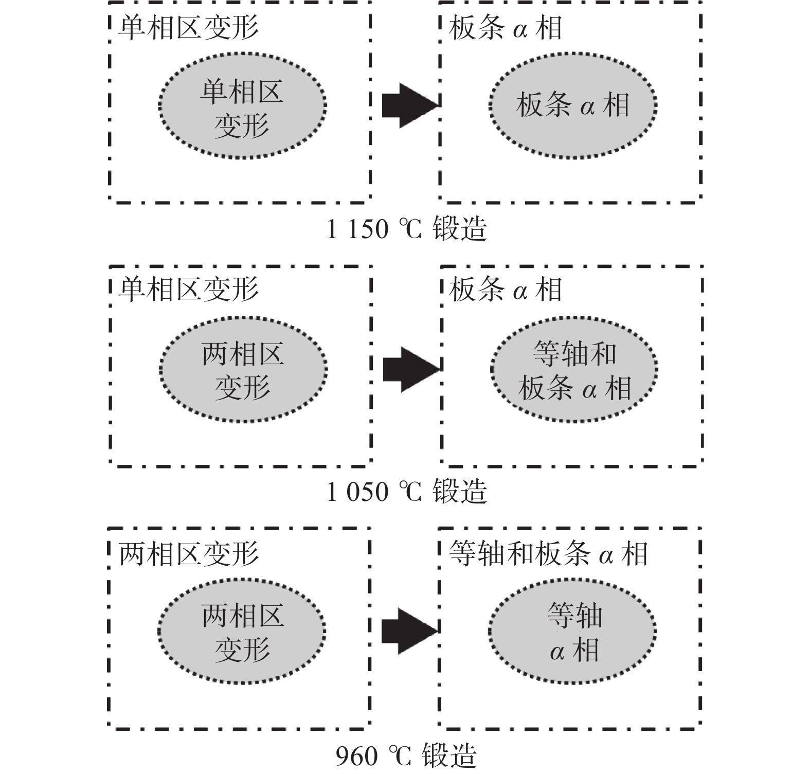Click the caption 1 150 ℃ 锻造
pos(407,229)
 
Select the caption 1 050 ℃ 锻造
pos(407,491)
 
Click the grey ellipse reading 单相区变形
pos(242,105)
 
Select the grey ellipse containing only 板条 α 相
pos(572,105)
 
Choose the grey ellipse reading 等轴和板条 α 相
pos(574,369)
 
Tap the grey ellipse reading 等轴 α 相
pos(572,632)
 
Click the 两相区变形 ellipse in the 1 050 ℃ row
pos(243,369)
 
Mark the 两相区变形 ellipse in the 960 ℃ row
pos(242,632)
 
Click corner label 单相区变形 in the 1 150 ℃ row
pos(189,28)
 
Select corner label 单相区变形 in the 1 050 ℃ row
pos(189,290)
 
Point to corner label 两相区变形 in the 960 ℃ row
pos(189,554)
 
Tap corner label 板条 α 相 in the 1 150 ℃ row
pos(506,28)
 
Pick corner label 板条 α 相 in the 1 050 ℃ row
pos(506,290)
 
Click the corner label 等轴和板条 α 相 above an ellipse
pos(548,554)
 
